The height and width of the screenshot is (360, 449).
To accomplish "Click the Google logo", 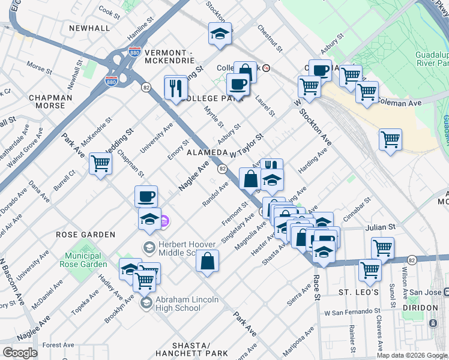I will point(20,352).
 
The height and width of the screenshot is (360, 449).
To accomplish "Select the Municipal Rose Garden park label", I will point(83,260).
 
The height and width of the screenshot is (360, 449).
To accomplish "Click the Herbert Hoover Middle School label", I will point(178,248).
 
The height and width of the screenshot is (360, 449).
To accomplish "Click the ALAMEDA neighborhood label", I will point(207,153).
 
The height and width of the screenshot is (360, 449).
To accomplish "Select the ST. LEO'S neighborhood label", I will point(358,292).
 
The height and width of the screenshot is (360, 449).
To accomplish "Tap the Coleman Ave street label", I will point(399,103).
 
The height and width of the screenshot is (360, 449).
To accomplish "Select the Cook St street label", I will point(109,11).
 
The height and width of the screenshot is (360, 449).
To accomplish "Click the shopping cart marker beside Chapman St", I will point(100,163).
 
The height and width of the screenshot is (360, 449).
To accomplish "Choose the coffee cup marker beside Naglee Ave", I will point(146,196).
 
